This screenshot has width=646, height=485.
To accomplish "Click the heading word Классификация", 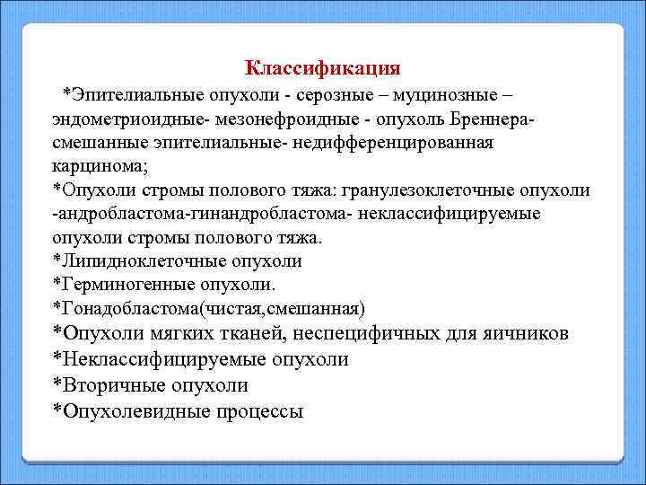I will click(x=322, y=68).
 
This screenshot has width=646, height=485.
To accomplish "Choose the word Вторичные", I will click(x=108, y=385).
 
